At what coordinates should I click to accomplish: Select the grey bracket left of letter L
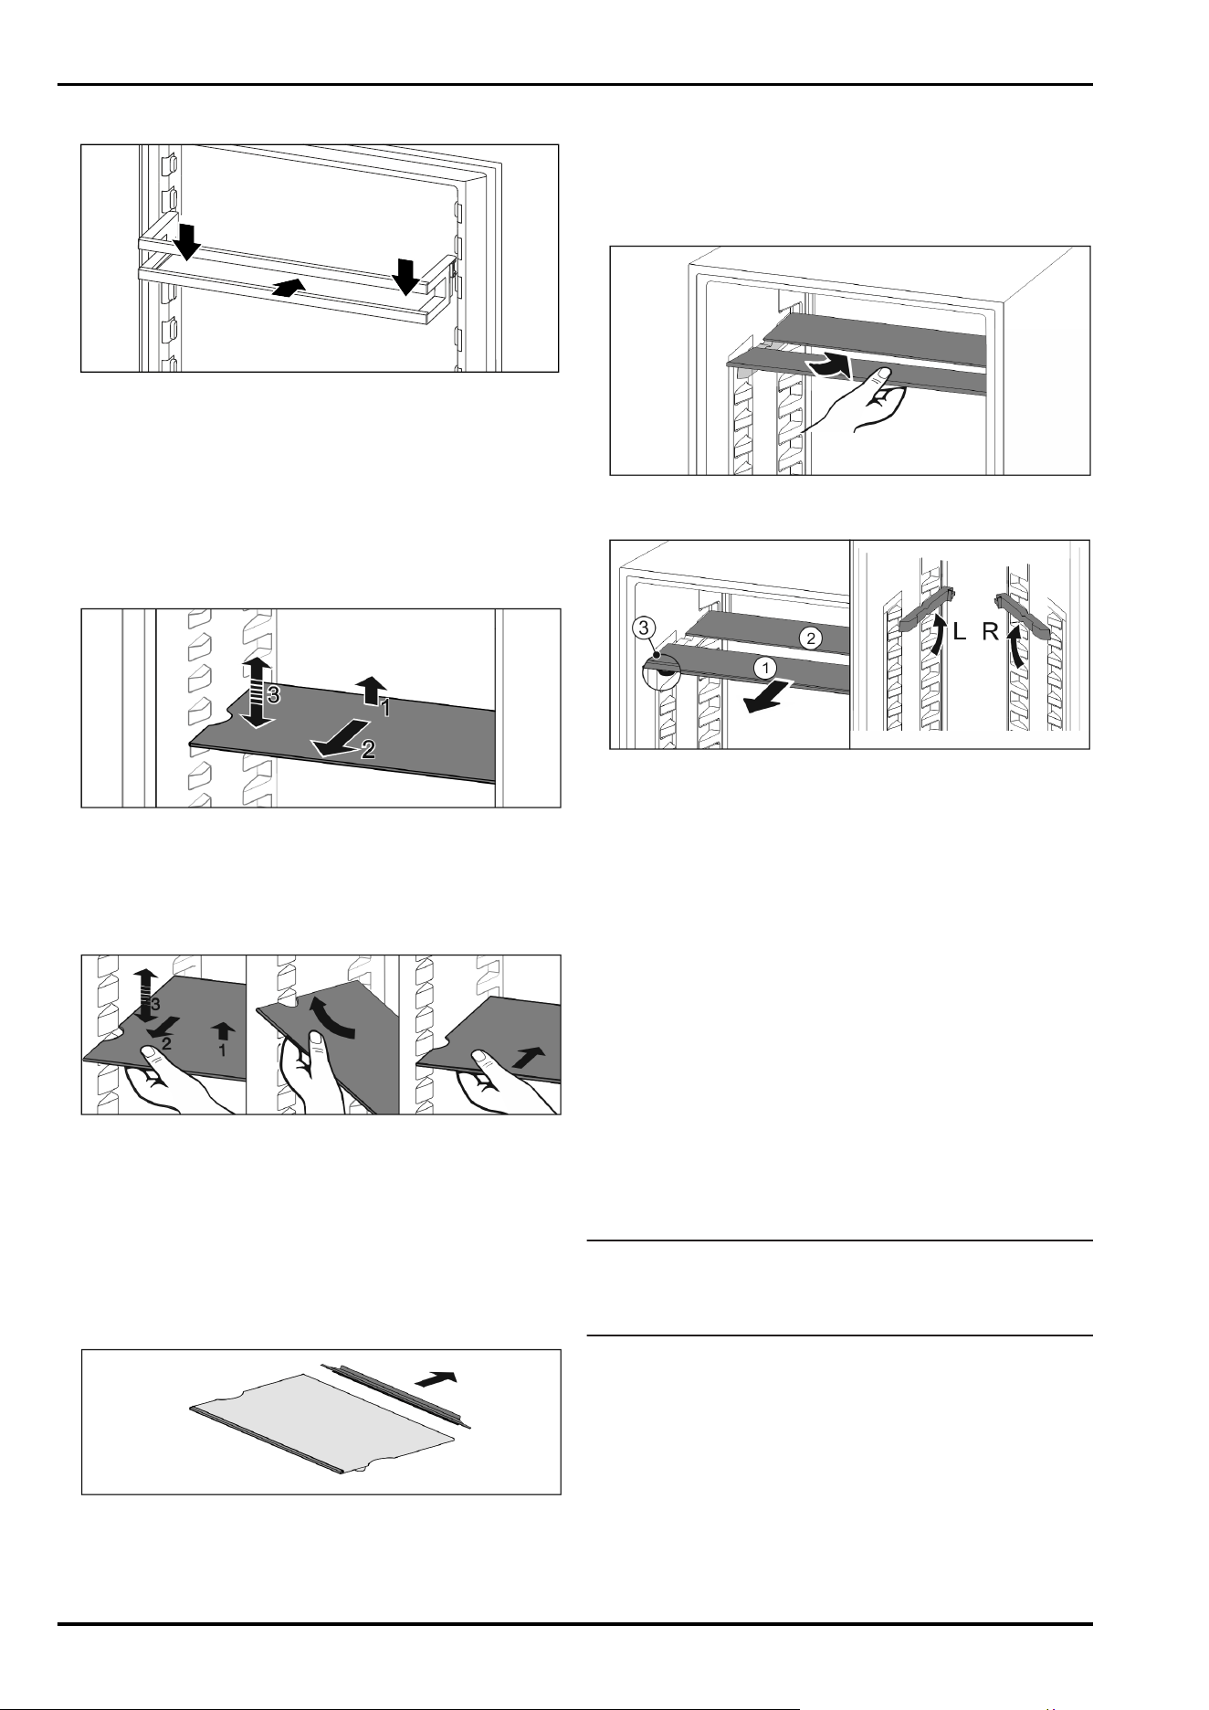[x=924, y=609]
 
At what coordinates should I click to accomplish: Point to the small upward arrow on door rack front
[x=287, y=288]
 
